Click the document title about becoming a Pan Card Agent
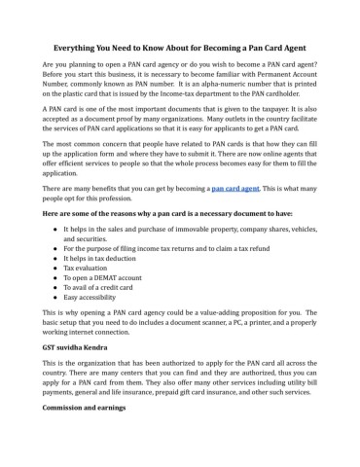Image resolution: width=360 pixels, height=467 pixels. click(180, 48)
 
